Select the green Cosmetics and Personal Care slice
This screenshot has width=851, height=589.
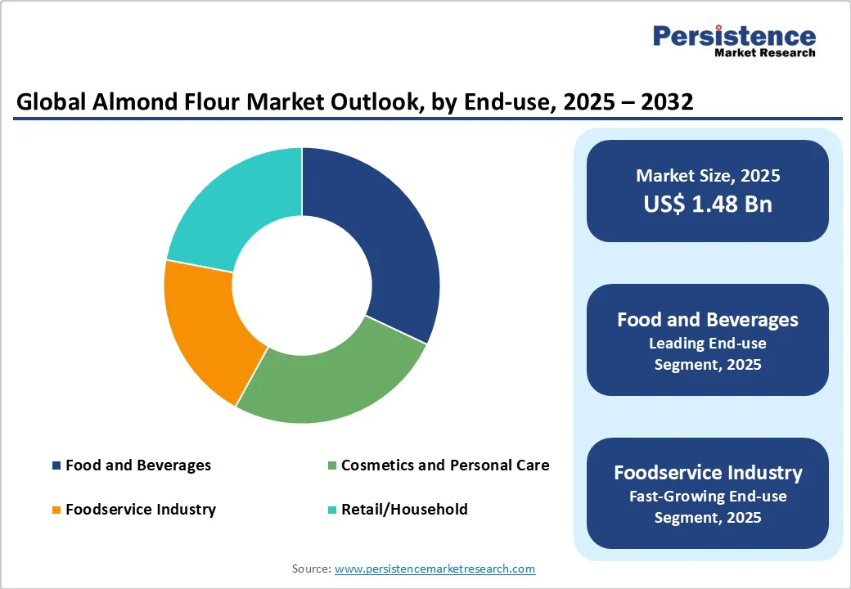click(x=327, y=384)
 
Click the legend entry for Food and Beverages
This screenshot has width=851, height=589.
click(x=137, y=465)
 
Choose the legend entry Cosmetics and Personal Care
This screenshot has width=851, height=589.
click(x=444, y=465)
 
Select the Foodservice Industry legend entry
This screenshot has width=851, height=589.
click(x=140, y=510)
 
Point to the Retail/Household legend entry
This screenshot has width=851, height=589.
click(x=404, y=510)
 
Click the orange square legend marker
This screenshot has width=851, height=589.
click(x=56, y=510)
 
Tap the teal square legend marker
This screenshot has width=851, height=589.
click(x=332, y=510)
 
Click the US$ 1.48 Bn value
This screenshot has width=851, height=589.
click(x=708, y=204)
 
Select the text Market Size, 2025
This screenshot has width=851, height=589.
click(x=708, y=176)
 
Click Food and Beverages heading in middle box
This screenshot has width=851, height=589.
click(x=708, y=320)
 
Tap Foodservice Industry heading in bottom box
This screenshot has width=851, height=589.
click(x=708, y=473)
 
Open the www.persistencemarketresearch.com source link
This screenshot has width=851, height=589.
click(x=435, y=569)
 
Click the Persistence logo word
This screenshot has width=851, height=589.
click(x=734, y=37)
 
